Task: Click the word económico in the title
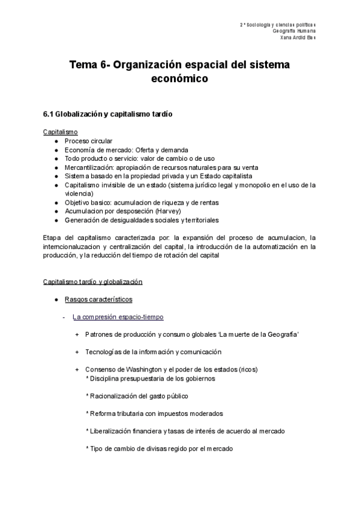click(x=180, y=78)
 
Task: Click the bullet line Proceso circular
click(x=88, y=140)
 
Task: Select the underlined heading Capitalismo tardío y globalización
click(x=92, y=282)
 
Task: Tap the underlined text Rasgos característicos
click(x=98, y=299)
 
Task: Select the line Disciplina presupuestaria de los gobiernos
click(x=151, y=379)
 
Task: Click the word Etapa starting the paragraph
click(x=52, y=238)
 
